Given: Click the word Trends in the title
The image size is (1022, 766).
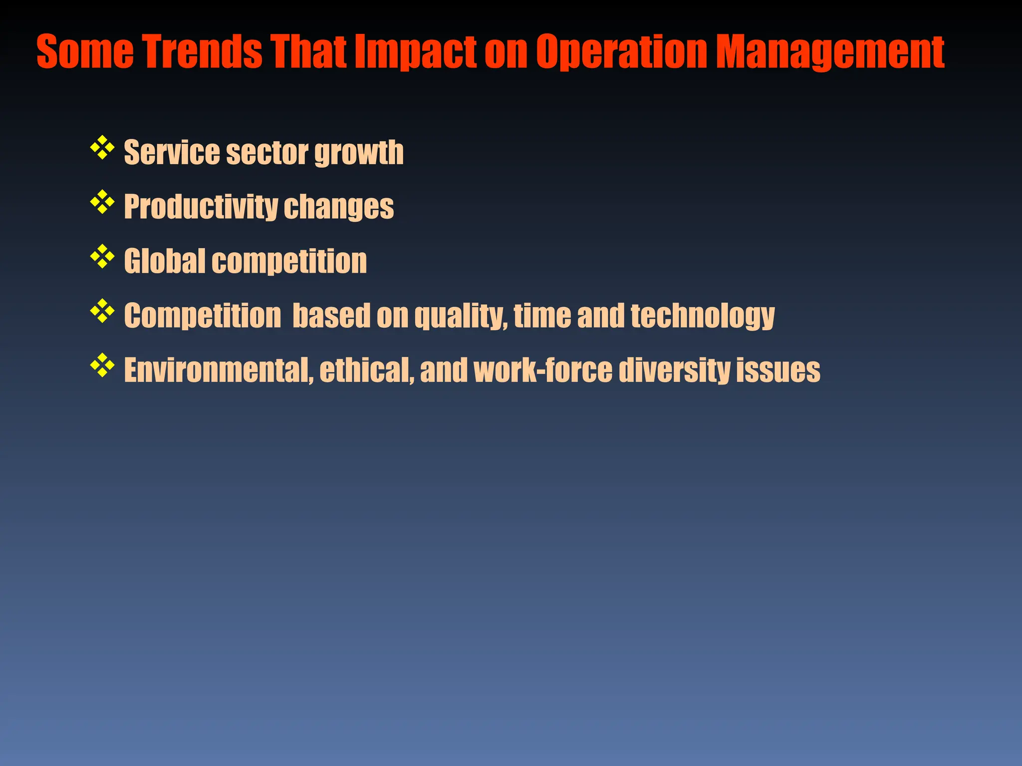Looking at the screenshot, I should pos(203,52).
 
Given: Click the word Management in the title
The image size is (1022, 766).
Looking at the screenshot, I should pos(829,52).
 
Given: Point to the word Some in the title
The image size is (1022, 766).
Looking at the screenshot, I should pos(85,52).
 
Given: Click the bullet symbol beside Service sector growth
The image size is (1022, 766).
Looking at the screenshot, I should pos(102,148).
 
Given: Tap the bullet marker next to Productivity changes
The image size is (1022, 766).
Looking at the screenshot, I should pos(102,202).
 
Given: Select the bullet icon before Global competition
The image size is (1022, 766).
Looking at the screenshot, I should pos(102,256).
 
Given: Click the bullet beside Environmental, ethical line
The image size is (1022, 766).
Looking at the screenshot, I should pos(102,365).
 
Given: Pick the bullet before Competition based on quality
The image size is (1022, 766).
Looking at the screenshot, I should pos(102,311).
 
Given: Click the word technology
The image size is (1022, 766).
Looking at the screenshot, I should pos(702,316).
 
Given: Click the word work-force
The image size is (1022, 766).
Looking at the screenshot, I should pos(542,371).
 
